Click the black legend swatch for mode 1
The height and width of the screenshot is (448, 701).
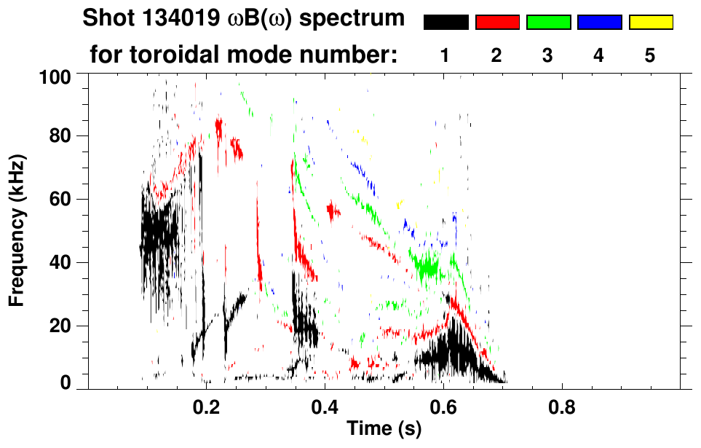pyautogui.click(x=445, y=23)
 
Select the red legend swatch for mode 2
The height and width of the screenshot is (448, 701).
pyautogui.click(x=497, y=23)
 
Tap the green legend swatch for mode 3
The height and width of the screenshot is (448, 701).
pyautogui.click(x=548, y=23)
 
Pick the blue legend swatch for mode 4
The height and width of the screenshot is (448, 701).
pyautogui.click(x=599, y=23)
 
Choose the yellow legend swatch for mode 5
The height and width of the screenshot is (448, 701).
pyautogui.click(x=651, y=23)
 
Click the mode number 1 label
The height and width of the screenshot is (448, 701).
pyautogui.click(x=445, y=55)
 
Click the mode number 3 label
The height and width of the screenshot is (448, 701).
pyautogui.click(x=548, y=55)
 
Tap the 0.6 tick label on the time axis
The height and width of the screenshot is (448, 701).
pyautogui.click(x=443, y=406)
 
